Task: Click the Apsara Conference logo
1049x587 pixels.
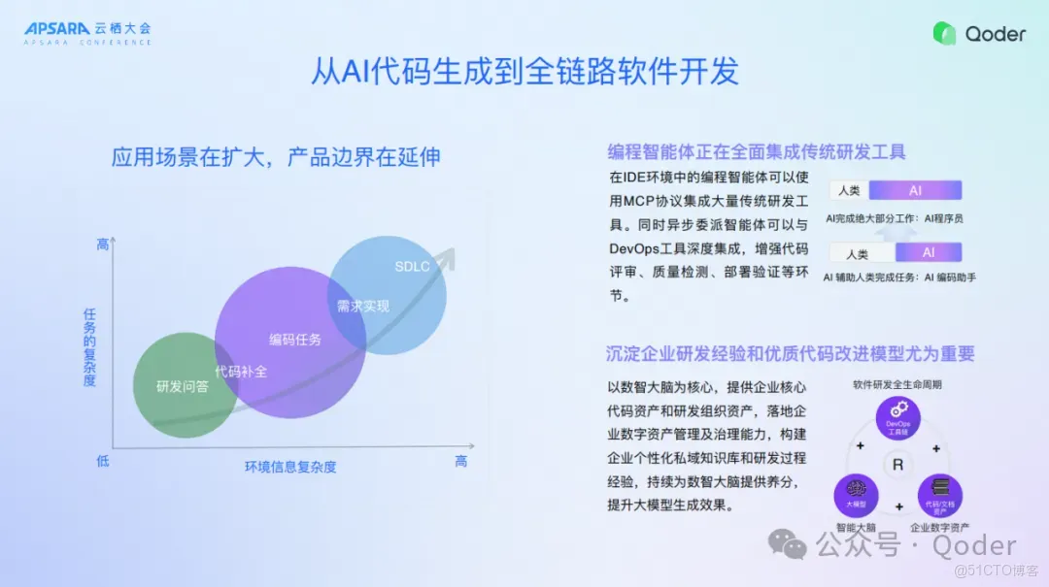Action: click(x=87, y=33)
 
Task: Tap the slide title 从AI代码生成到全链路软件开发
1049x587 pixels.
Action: click(x=524, y=72)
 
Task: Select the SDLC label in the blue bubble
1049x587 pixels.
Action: click(x=412, y=267)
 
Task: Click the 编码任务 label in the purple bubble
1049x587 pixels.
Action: click(x=295, y=340)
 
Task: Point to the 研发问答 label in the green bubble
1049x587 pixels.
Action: click(x=183, y=386)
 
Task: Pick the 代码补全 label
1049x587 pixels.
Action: click(x=241, y=371)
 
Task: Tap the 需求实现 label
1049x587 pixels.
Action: click(x=363, y=307)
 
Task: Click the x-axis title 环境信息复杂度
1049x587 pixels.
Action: click(x=290, y=467)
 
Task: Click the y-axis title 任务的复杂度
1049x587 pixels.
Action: click(x=90, y=347)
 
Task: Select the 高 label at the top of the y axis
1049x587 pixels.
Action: click(x=103, y=245)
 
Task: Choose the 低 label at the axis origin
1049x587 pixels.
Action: click(x=103, y=461)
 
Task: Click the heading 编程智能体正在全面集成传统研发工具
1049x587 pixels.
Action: click(x=757, y=151)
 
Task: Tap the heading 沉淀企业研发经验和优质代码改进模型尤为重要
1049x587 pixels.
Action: click(x=791, y=353)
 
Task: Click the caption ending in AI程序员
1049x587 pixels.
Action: click(x=894, y=219)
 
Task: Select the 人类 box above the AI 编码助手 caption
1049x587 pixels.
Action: click(x=858, y=254)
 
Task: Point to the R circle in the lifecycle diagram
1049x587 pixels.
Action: click(x=897, y=466)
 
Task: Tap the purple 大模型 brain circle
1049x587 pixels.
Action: click(x=856, y=495)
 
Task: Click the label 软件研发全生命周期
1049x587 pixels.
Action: click(x=897, y=384)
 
